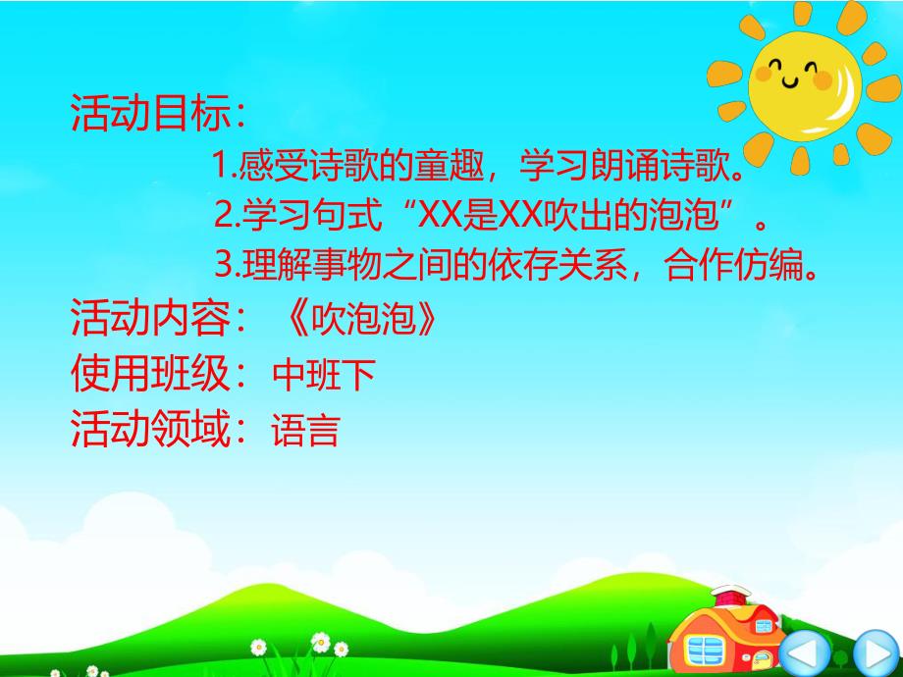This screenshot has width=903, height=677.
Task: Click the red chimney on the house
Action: click(x=727, y=595)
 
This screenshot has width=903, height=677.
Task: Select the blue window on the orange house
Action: click(x=706, y=648)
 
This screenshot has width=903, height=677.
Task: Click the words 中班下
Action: click(x=323, y=374)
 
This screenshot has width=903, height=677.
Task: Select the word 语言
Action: click(x=305, y=430)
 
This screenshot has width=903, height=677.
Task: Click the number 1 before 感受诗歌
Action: click(x=219, y=166)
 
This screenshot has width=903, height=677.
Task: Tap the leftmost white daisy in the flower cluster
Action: click(x=258, y=648)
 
